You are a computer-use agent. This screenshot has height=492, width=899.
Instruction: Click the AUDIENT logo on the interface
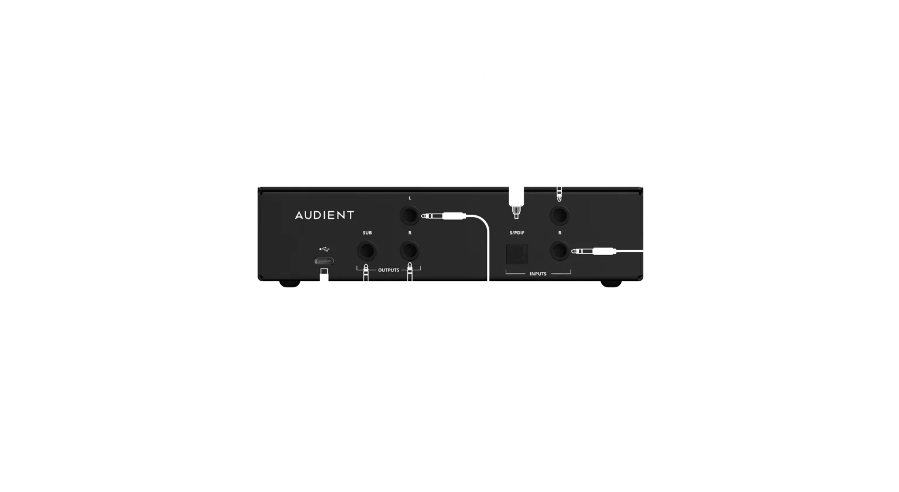click(x=324, y=215)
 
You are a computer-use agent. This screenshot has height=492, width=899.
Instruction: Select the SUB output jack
click(x=367, y=252)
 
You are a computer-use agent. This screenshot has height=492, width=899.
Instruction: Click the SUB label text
click(x=367, y=233)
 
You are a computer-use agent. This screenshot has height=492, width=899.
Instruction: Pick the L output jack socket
click(x=410, y=216)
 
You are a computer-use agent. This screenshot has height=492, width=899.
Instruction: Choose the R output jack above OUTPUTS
click(x=410, y=252)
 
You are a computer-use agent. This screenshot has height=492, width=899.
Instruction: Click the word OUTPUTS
click(x=388, y=270)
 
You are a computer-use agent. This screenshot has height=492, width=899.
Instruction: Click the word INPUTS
click(x=537, y=274)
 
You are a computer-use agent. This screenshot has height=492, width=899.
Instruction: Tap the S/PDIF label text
click(x=516, y=233)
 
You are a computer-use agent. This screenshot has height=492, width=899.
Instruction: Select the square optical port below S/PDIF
click(x=517, y=254)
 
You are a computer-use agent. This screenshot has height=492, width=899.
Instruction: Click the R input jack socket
click(x=560, y=252)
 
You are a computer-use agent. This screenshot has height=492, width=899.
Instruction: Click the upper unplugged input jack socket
click(x=560, y=216)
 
